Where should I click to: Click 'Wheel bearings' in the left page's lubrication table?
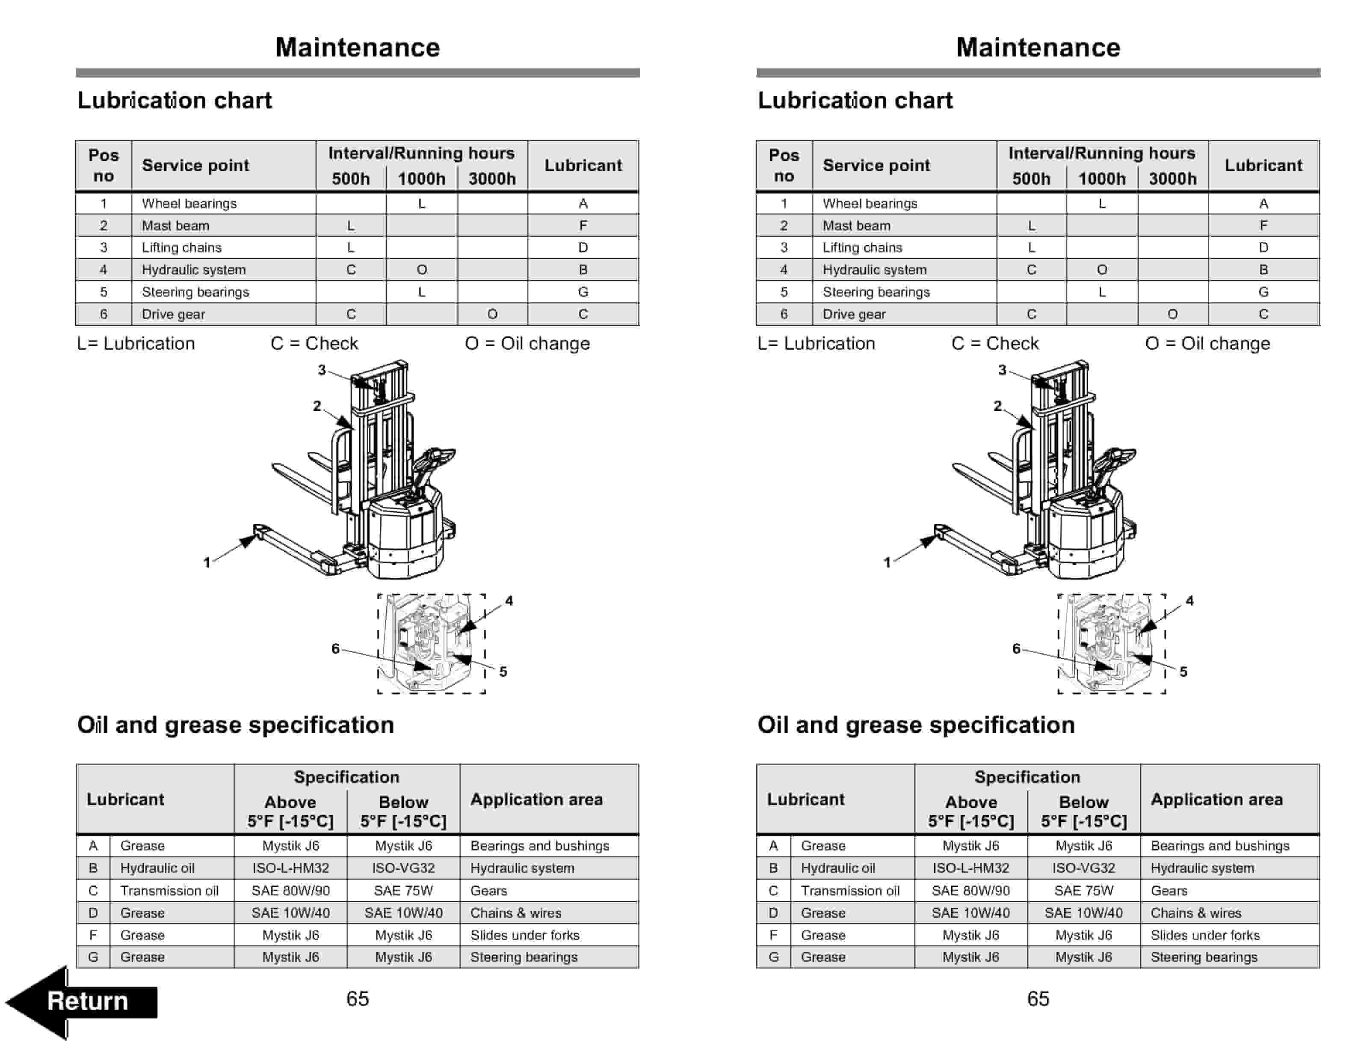[189, 204]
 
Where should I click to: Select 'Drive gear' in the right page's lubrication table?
[854, 314]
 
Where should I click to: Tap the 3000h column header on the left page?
[492, 179]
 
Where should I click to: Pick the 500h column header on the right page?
[1031, 179]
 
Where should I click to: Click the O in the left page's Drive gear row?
[492, 314]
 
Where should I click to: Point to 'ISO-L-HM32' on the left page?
[290, 868]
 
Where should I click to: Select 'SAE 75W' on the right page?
[1083, 890]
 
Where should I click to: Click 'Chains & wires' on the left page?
[515, 912]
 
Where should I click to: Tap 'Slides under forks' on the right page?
[1205, 935]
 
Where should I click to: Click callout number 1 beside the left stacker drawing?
[207, 562]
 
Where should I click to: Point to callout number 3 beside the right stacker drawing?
[1002, 370]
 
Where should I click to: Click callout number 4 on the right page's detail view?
[1189, 600]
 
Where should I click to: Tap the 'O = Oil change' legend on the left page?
[527, 343]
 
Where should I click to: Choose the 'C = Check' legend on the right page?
[994, 343]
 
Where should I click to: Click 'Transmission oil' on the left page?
[169, 890]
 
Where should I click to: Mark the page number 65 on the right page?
[1038, 999]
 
